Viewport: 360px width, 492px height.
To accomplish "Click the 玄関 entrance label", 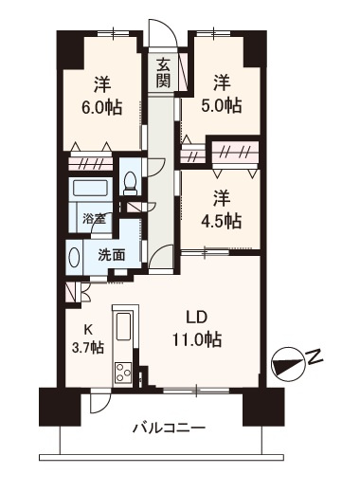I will click(x=164, y=72).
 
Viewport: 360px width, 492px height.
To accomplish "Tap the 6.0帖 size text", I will click(x=99, y=107).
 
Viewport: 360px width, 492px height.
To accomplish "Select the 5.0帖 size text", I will click(x=221, y=105).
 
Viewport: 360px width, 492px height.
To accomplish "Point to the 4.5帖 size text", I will click(x=221, y=221).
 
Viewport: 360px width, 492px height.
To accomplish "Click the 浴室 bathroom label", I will click(x=93, y=220).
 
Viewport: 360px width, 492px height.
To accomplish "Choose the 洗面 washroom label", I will click(x=112, y=254).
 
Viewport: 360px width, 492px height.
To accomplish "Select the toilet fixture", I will click(x=131, y=183).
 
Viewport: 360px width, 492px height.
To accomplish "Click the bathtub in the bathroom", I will click(x=93, y=190).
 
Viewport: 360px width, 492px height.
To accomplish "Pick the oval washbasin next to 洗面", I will click(x=74, y=257).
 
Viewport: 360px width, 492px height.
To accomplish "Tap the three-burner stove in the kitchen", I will click(x=124, y=370).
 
